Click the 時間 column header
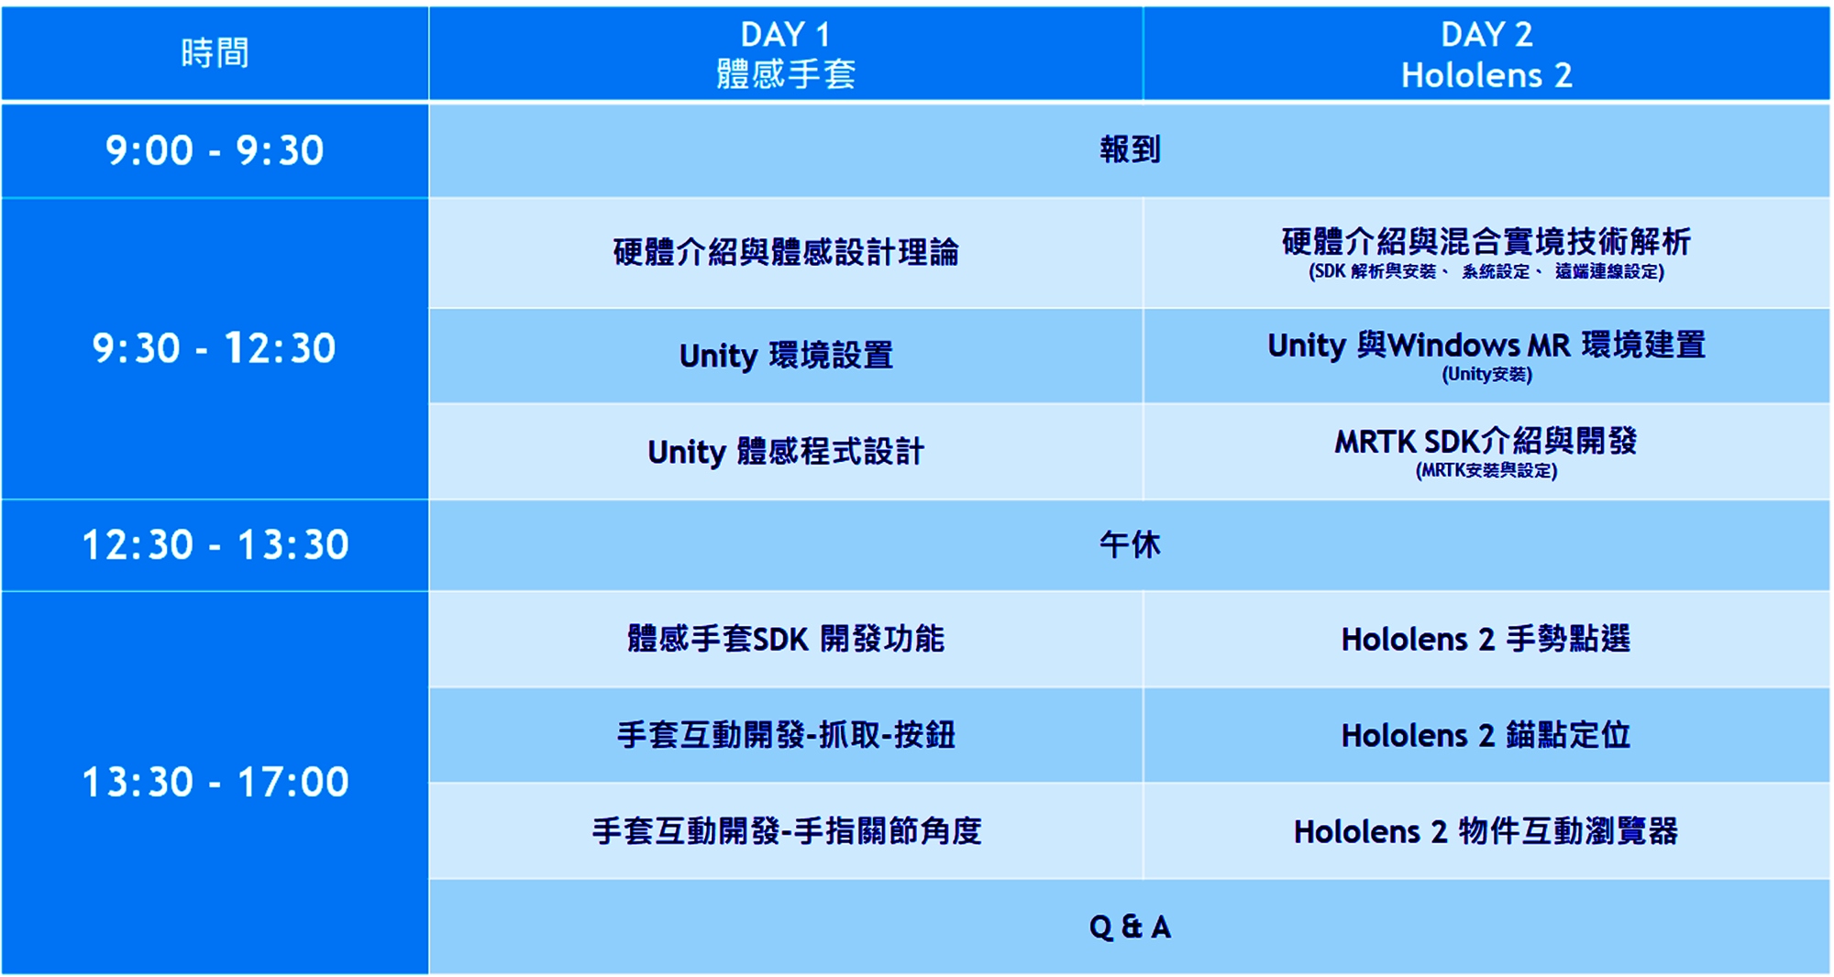coord(215,53)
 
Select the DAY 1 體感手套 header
coord(786,54)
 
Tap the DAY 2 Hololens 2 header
coord(1486,54)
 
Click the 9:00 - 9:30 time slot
coord(215,150)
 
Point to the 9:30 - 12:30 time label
coord(215,348)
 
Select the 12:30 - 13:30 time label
coord(215,545)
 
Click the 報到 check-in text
coord(1130,149)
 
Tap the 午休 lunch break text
coord(1130,545)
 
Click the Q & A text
coord(1130,927)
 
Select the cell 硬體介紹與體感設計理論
coord(786,252)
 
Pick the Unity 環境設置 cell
coord(786,355)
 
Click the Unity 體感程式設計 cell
coord(786,452)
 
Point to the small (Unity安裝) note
coord(1486,374)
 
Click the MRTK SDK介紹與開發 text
coord(1486,441)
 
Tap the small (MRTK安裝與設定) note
coord(1486,471)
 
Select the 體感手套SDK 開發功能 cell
coord(786,639)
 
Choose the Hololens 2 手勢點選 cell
coord(1486,639)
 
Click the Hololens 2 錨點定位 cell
coord(1486,735)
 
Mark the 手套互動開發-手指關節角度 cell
coord(786,831)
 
